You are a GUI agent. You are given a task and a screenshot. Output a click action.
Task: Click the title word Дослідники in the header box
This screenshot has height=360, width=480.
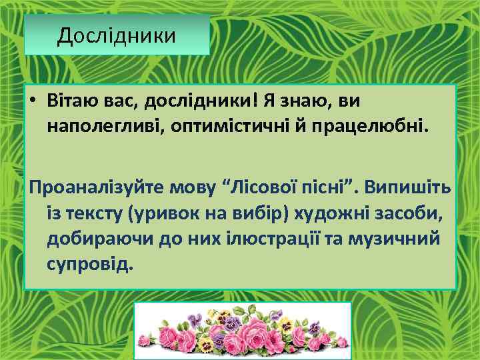[x=117, y=35]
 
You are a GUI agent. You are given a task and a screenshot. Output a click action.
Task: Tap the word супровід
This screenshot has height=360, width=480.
[x=91, y=263]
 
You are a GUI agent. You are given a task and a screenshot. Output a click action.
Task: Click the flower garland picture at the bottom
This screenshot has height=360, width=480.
[x=243, y=331]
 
